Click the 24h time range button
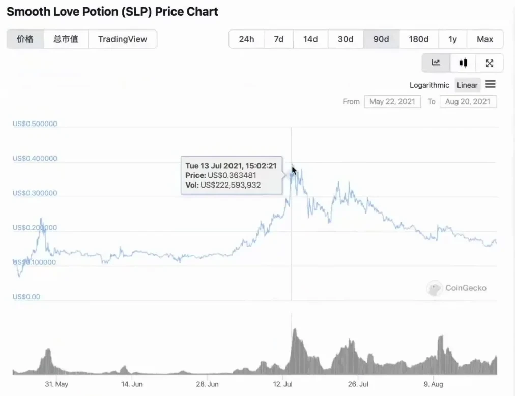pos(246,39)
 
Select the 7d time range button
pos(279,39)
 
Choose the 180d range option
pos(418,39)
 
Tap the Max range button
pos(484,39)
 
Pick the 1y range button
pos(452,39)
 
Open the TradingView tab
pos(122,39)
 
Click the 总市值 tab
pos(66,39)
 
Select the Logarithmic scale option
pos(429,85)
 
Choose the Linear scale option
pos(467,85)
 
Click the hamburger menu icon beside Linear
pos(491,84)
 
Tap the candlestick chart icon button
pos(463,63)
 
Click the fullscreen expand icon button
pos(490,63)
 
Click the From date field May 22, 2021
pos(392,101)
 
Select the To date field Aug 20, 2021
pos(467,101)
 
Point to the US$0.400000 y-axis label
pos(35,158)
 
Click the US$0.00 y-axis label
pos(27,296)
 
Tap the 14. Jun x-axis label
pos(131,384)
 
